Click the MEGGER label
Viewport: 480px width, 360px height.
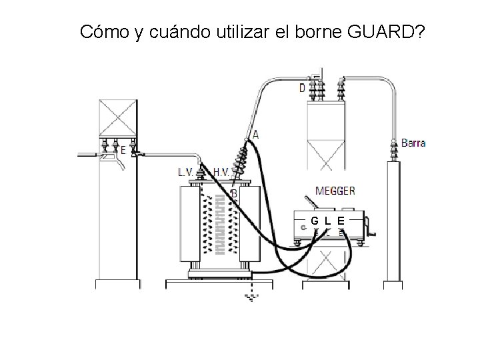[335, 191]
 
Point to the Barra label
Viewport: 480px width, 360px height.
[413, 143]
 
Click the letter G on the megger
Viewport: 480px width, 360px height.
[314, 221]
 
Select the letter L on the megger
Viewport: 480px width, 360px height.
[327, 221]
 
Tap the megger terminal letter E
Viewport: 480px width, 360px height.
[341, 221]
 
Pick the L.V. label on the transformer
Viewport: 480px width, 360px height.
[186, 171]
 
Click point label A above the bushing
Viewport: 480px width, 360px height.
[255, 134]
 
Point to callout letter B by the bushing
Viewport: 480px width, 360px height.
[233, 193]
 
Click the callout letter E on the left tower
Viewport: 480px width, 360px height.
[123, 151]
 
